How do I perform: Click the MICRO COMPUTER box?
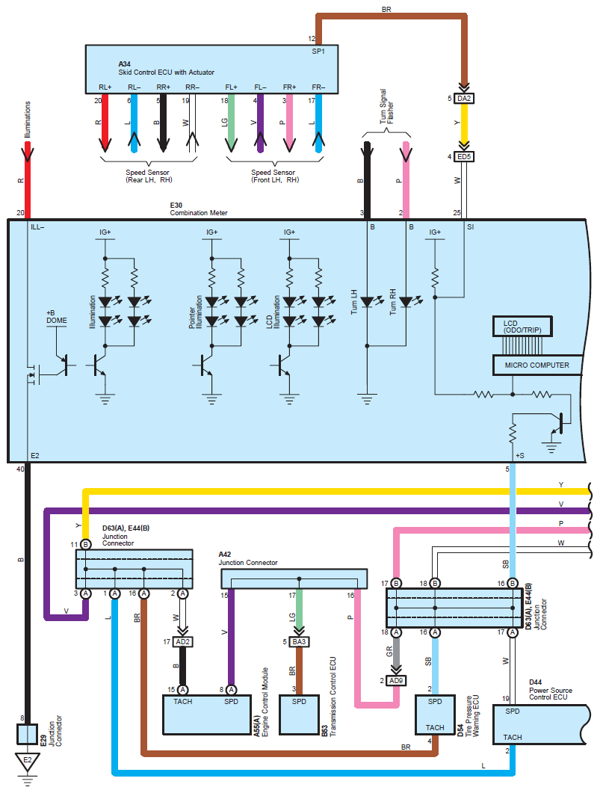(x=536, y=365)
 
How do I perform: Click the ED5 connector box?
(x=465, y=157)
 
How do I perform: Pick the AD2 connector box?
(x=183, y=641)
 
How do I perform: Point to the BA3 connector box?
(x=298, y=641)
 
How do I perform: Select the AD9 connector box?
(x=396, y=681)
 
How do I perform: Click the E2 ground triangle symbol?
(x=27, y=762)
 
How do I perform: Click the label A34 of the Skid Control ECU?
(x=124, y=64)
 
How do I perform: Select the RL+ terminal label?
(x=105, y=87)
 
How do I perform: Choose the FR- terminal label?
(x=319, y=87)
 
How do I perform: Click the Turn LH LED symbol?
(x=367, y=303)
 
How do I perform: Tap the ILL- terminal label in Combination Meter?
(x=38, y=226)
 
